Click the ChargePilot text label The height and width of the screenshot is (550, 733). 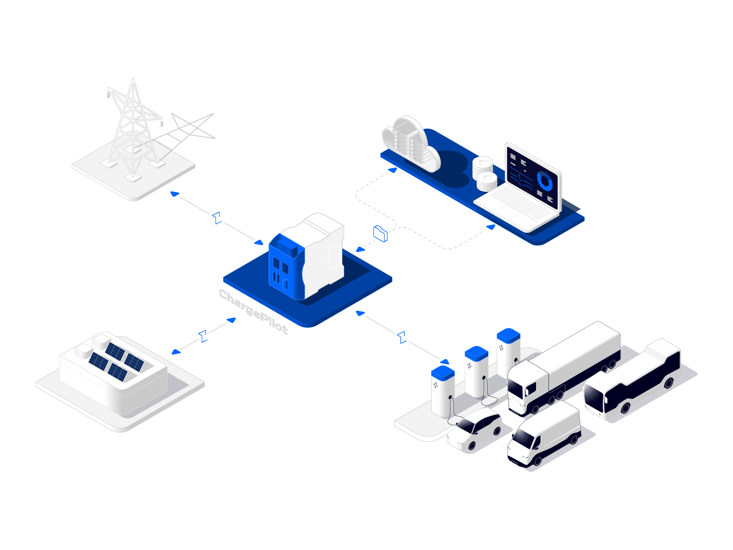click(x=253, y=311)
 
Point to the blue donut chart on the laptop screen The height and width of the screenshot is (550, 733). click(x=545, y=181)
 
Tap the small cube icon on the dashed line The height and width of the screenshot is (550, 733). click(x=380, y=234)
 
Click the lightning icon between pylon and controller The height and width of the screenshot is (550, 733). click(x=217, y=218)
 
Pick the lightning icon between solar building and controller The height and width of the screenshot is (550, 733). click(x=204, y=336)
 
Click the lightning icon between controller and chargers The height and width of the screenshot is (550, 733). click(x=402, y=337)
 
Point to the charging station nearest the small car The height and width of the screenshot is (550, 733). click(x=443, y=391)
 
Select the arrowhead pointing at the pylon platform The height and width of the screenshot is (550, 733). click(x=175, y=194)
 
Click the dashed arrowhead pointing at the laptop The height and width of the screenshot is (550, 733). click(x=491, y=227)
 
